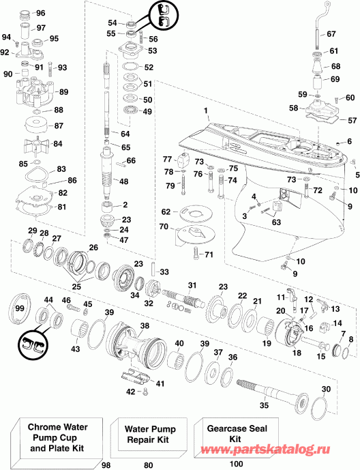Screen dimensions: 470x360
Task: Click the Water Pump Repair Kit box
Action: coord(149,435)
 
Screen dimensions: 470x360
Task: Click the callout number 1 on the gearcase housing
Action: coord(206,111)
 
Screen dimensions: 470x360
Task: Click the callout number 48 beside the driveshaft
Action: coord(123,181)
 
